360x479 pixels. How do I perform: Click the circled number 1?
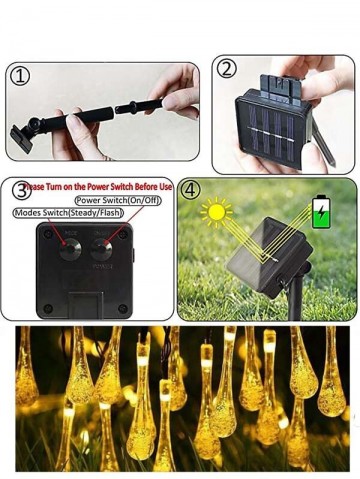pyautogui.click(x=19, y=76)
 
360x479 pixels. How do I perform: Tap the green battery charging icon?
pyautogui.click(x=322, y=210)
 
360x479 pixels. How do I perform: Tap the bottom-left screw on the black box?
pyautogui.click(x=46, y=307)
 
